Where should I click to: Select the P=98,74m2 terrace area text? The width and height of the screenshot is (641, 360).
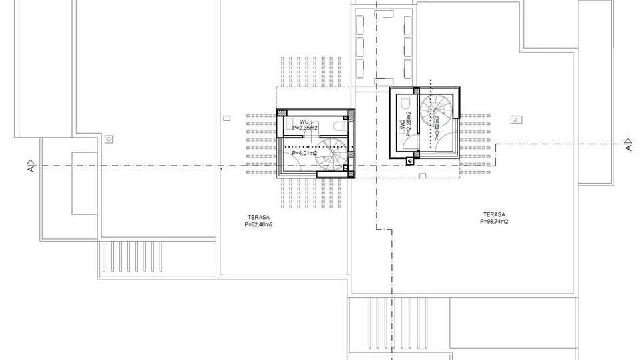[x=494, y=221]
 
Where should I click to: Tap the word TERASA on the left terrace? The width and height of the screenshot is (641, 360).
[x=258, y=218]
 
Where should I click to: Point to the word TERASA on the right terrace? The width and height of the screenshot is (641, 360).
[x=493, y=214]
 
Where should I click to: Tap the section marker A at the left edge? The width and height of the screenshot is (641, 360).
[x=31, y=166]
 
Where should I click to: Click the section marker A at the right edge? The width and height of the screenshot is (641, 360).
[x=627, y=144]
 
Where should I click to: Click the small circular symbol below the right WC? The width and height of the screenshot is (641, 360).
[x=409, y=161]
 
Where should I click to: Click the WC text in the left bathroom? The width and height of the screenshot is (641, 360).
[x=304, y=121]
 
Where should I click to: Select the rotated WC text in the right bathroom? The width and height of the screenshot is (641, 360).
[x=402, y=124]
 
